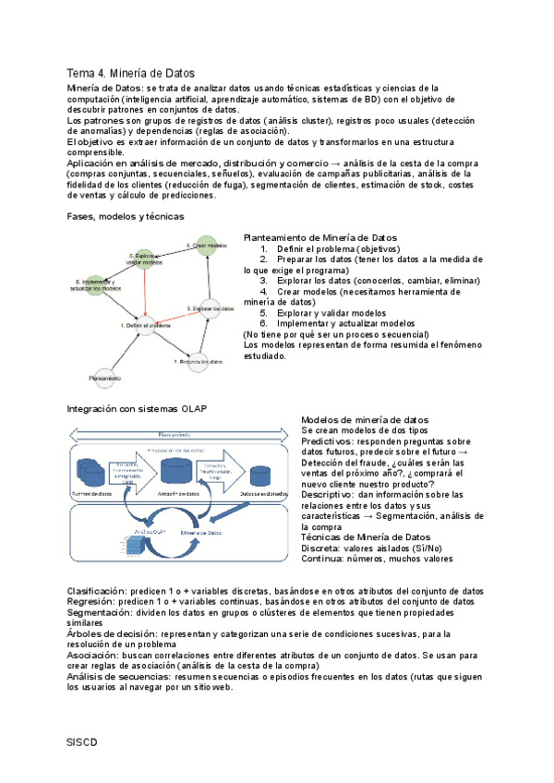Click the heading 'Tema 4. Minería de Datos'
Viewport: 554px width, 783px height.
click(x=131, y=73)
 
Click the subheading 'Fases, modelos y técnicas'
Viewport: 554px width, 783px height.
click(x=126, y=216)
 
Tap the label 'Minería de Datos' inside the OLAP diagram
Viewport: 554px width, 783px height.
click(x=202, y=533)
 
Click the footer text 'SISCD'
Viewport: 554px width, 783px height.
click(x=82, y=741)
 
